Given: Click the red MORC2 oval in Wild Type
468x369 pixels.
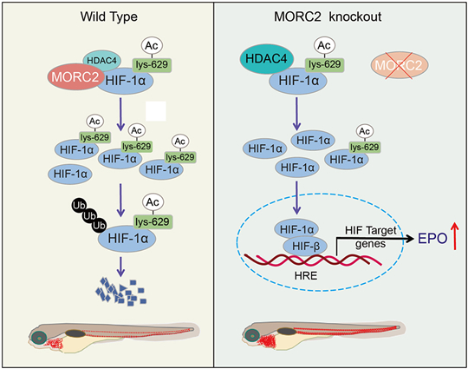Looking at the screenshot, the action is [x=75, y=77].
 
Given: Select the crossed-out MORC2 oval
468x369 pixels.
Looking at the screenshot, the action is [x=400, y=65].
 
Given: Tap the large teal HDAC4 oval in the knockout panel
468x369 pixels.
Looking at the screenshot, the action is [x=267, y=59].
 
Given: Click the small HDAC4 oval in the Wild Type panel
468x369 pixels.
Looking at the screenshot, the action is [x=101, y=61].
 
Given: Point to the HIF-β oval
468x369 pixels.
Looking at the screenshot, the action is [x=305, y=246].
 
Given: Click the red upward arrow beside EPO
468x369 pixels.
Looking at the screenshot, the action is [x=454, y=235].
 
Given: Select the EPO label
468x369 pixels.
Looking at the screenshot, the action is [x=432, y=238].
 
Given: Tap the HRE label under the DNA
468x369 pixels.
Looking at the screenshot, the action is [x=306, y=275].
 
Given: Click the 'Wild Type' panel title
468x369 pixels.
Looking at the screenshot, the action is [x=109, y=17].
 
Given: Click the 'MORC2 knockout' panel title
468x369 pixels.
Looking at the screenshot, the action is [x=328, y=16].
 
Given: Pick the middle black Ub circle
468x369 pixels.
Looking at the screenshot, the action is [x=89, y=215].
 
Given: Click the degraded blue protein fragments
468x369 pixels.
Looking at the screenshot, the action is [x=120, y=292].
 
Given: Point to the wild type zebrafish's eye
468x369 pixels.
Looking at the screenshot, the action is [x=38, y=338].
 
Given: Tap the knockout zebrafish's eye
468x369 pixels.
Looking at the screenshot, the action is [x=252, y=335].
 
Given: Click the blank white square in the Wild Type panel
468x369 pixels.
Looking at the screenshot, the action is [x=155, y=111].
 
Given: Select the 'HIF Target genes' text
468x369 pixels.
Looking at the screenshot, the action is [x=370, y=237].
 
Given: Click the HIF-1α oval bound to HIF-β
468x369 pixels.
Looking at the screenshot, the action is [x=296, y=229].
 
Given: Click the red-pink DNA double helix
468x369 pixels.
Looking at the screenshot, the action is [x=313, y=260].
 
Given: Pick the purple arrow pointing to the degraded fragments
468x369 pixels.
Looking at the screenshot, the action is [x=120, y=267].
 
